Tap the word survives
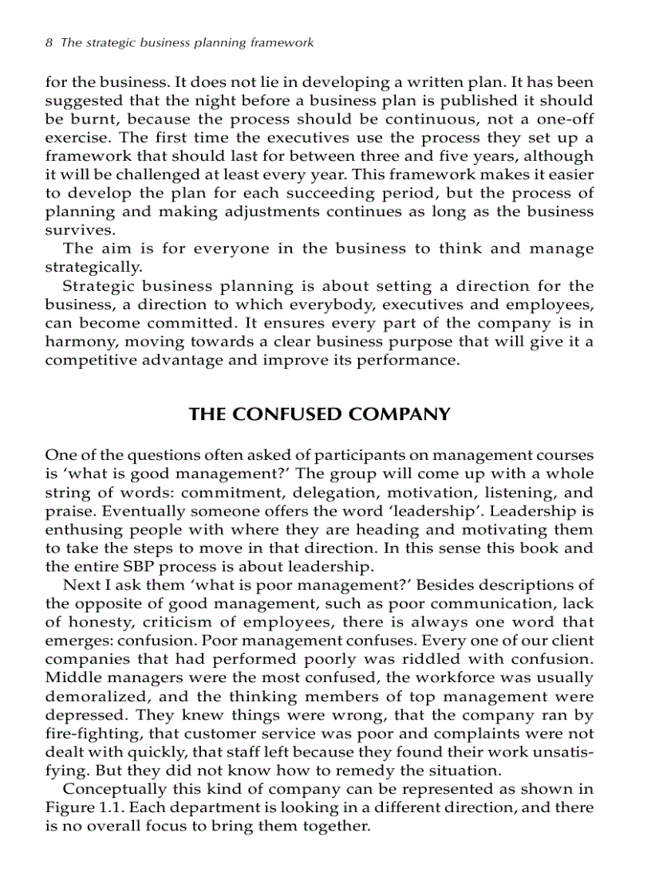click(x=74, y=230)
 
